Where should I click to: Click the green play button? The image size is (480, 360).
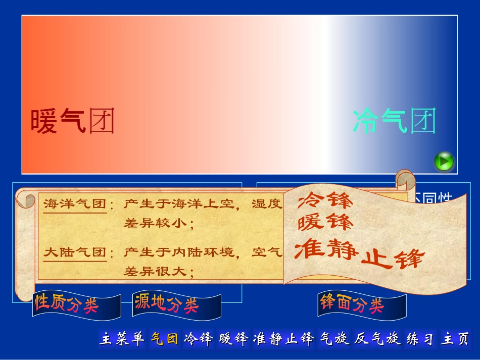point(444,162)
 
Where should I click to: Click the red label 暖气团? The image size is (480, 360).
point(73,121)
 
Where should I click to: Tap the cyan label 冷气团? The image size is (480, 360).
point(394,121)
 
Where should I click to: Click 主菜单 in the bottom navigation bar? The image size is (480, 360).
point(123,339)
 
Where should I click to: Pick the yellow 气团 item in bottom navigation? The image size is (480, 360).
point(165,339)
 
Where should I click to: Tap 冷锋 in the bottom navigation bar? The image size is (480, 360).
point(199,339)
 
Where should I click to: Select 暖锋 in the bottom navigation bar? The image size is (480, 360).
point(233,339)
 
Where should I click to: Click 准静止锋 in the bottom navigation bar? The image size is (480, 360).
point(284,339)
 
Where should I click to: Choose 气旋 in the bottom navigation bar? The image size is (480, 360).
point(334,339)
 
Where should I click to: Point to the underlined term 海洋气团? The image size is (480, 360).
point(75,204)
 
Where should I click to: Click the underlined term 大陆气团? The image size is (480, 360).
point(75,252)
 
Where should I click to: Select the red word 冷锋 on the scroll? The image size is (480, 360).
point(325,201)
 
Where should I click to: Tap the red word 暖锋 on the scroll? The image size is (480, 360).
point(325,222)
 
